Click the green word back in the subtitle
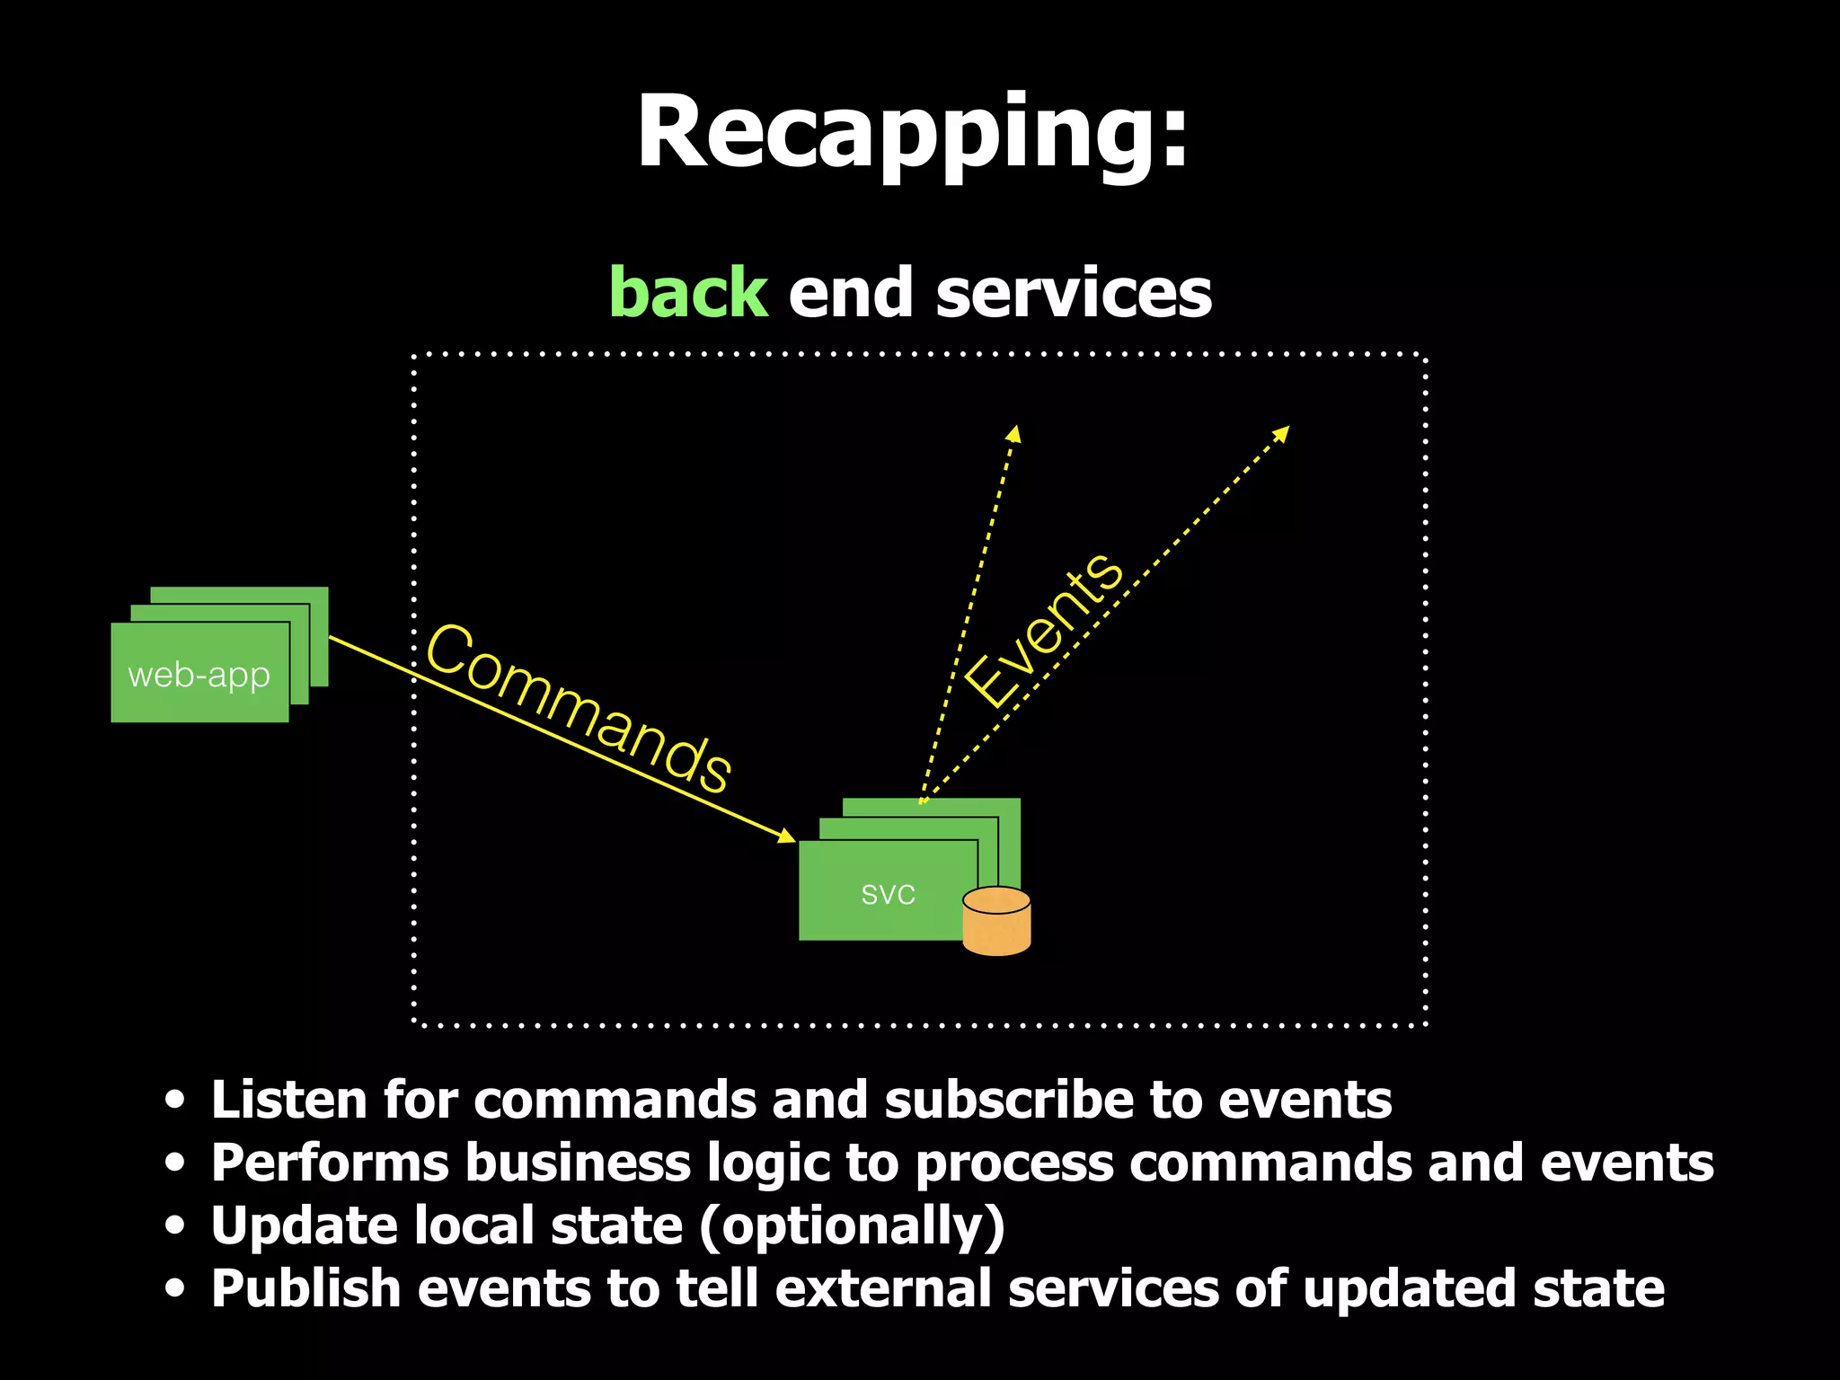688,294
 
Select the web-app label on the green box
199,675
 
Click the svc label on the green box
888,894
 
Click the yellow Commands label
579,708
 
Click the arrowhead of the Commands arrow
787,836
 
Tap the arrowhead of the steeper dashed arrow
1014,434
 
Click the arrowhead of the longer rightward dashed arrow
1282,433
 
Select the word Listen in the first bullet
288,1100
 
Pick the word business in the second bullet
577,1163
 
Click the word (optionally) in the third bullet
852,1227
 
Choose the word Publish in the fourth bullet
305,1289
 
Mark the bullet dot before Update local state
175,1225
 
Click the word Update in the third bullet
305,1227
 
